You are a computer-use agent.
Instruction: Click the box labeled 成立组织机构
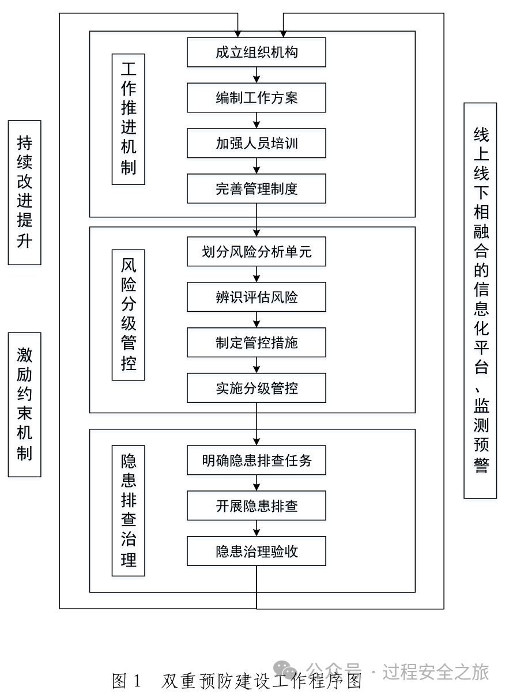pyautogui.click(x=257, y=52)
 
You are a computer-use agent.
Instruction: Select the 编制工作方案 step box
pyautogui.click(x=257, y=97)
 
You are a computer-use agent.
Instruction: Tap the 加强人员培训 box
pyautogui.click(x=257, y=143)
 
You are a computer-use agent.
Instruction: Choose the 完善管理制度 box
pyautogui.click(x=257, y=188)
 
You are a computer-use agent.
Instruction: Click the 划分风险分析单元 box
pyautogui.click(x=257, y=252)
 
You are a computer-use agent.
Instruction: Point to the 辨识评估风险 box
pyautogui.click(x=257, y=297)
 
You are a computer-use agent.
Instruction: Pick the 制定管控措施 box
pyautogui.click(x=257, y=342)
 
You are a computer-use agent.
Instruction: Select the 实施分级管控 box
pyautogui.click(x=257, y=388)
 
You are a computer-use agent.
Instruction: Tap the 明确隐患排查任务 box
pyautogui.click(x=257, y=461)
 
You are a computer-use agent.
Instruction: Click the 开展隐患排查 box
pyautogui.click(x=257, y=505)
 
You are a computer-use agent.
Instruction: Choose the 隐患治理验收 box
pyautogui.click(x=257, y=551)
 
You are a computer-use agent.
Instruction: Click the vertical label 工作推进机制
pyautogui.click(x=128, y=119)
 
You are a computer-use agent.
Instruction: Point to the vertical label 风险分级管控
pyautogui.click(x=128, y=315)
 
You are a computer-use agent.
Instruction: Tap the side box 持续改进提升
pyautogui.click(x=24, y=193)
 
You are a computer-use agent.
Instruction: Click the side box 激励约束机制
pyautogui.click(x=24, y=405)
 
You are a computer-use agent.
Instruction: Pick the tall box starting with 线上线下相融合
pyautogui.click(x=480, y=300)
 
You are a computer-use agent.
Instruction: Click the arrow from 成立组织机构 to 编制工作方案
pyautogui.click(x=257, y=75)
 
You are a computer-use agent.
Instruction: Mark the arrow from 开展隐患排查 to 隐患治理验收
pyautogui.click(x=257, y=529)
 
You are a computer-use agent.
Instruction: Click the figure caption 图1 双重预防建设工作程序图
pyautogui.click(x=237, y=681)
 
